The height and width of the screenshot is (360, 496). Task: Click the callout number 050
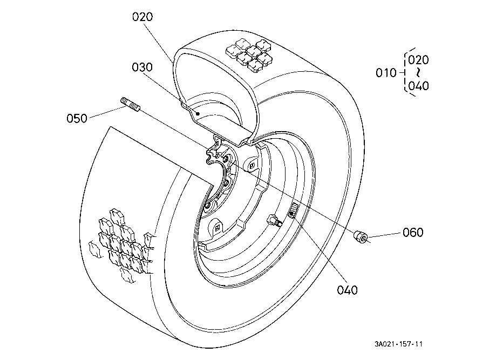coord(77,118)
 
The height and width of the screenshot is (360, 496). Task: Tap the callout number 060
coord(413,233)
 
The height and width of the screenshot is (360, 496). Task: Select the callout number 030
coord(142,67)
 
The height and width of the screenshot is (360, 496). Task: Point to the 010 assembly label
coord(386,73)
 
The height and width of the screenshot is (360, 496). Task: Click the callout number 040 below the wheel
coord(347,290)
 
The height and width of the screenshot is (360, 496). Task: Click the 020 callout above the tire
coord(142,17)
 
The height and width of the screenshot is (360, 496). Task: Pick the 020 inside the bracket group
coord(418,60)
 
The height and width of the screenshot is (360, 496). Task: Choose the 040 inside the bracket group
coord(418,86)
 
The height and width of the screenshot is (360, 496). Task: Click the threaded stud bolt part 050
coord(130,105)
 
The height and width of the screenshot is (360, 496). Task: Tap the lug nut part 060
coord(361,236)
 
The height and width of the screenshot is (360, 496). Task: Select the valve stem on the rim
coord(274,221)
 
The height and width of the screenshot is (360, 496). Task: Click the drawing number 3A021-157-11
coord(398,344)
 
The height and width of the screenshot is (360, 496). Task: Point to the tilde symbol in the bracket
coord(418,73)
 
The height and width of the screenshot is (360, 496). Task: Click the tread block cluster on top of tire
coord(249,55)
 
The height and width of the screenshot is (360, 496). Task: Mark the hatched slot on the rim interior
coord(293,210)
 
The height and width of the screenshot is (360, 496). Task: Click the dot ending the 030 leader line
coord(198,113)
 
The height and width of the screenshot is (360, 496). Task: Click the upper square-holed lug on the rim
coord(252,165)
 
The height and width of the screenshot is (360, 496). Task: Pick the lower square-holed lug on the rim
coord(216,227)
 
